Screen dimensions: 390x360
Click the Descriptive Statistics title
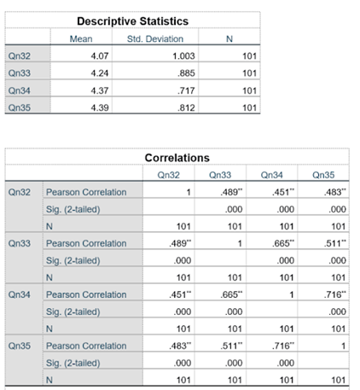[132, 20]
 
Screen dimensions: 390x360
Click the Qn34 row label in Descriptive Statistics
[17, 90]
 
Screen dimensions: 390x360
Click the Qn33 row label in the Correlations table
[18, 242]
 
